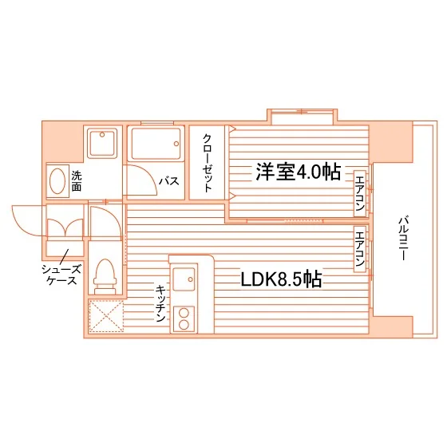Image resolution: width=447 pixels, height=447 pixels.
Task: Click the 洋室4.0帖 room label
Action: tap(298, 172)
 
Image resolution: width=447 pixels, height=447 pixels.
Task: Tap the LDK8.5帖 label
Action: tap(282, 279)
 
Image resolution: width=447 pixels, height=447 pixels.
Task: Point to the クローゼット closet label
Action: tap(208, 163)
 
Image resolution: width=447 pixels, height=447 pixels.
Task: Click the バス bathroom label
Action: tap(168, 180)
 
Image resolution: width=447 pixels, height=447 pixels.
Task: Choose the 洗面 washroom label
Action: tap(77, 180)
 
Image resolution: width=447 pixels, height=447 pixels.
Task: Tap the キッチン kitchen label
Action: tap(160, 303)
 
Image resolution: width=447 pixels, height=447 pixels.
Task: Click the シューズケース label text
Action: tap(62, 275)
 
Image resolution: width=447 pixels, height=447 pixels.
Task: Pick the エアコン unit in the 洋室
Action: tap(360, 193)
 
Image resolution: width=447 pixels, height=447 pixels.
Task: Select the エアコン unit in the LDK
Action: tap(360, 249)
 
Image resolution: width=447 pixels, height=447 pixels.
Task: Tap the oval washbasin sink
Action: tap(57, 181)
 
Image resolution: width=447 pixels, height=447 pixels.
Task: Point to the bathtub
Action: tap(156, 144)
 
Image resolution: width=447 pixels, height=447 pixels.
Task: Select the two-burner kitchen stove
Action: tap(184, 318)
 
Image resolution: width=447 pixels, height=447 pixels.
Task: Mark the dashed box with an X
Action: tap(106, 316)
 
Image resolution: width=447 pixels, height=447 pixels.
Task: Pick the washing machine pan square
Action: tap(102, 143)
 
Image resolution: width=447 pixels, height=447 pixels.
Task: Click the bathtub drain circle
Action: tap(176, 144)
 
